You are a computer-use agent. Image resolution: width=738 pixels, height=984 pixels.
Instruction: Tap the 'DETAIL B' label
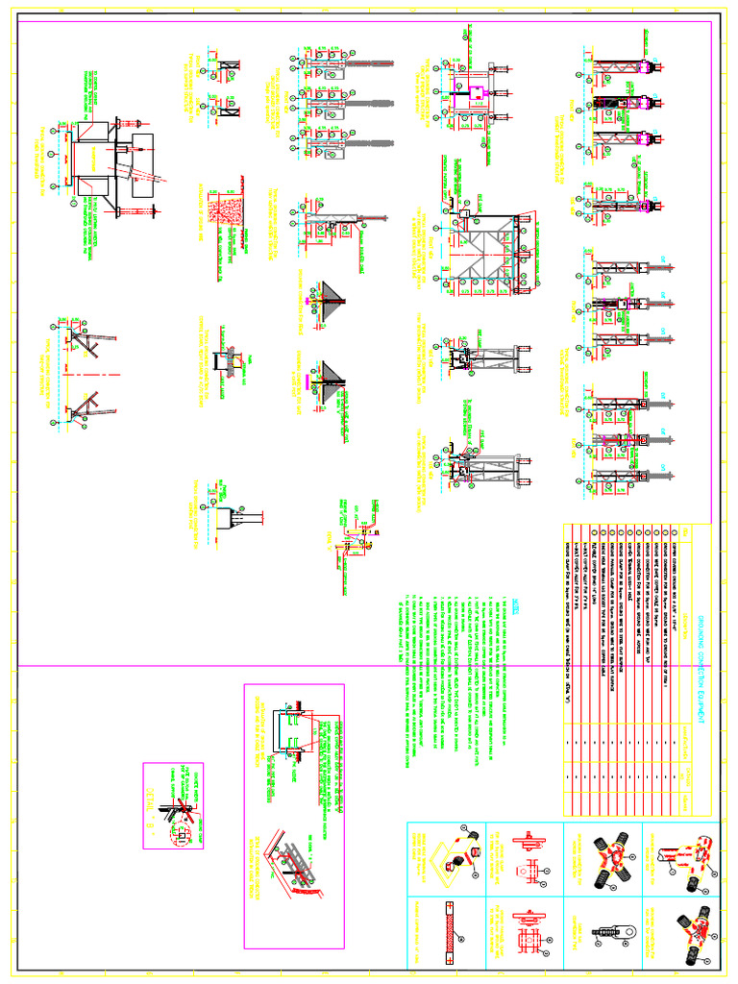click(151, 796)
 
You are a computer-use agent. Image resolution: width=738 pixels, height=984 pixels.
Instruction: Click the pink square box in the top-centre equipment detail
click(474, 93)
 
